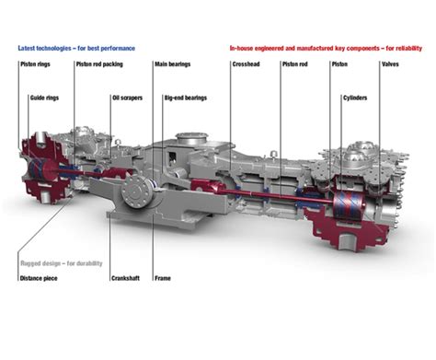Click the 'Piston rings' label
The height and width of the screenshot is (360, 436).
pyautogui.click(x=35, y=65)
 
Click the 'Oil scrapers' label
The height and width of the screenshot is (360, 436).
pyautogui.click(x=127, y=96)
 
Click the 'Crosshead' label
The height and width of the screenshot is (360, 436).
pyautogui.click(x=247, y=65)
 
